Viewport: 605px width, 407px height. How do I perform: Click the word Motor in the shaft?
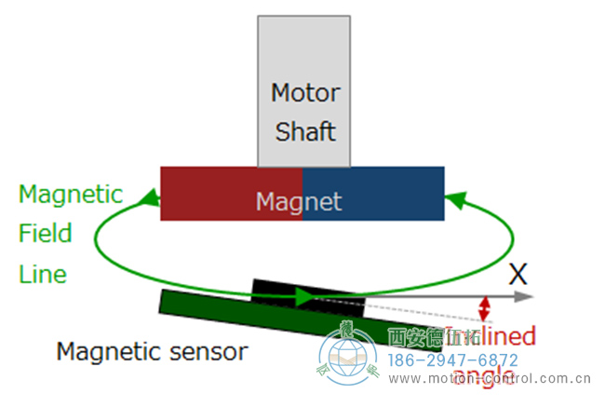tap(304, 93)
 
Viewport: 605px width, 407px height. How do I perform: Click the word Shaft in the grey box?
tap(304, 130)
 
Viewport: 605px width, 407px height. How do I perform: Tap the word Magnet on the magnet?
tap(299, 201)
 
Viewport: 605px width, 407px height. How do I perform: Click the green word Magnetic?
tap(71, 195)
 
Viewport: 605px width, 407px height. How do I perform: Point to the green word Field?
tap(45, 233)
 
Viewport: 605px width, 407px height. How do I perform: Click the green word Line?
tap(43, 274)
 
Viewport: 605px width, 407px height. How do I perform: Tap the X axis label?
tap(518, 274)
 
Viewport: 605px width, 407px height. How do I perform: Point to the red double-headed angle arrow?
tap(484, 309)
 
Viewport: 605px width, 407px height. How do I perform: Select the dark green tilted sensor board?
tap(233, 310)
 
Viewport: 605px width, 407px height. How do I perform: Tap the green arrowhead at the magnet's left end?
tap(147, 197)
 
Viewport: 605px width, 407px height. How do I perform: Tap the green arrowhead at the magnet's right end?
tap(455, 197)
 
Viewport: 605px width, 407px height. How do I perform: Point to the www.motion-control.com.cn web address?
tap(490, 379)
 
